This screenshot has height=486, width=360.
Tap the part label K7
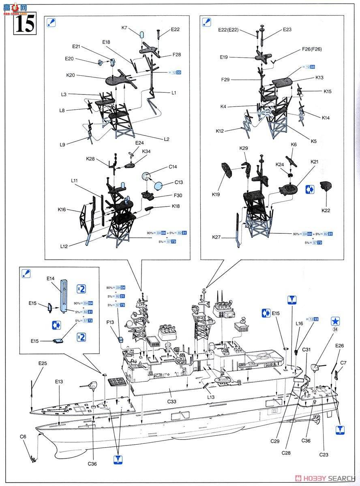pos(124,28)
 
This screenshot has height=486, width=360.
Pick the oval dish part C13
pos(159,185)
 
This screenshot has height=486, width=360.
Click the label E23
pos(287,30)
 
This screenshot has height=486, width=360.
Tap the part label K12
pos(220,131)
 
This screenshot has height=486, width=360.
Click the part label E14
pos(50,279)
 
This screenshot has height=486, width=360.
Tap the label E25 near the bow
pos(43,363)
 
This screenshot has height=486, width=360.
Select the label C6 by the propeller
pos(23,437)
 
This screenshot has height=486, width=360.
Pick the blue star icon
pos(335,321)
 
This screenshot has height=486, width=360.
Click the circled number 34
pos(335,330)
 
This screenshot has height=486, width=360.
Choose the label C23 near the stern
pos(324,454)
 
